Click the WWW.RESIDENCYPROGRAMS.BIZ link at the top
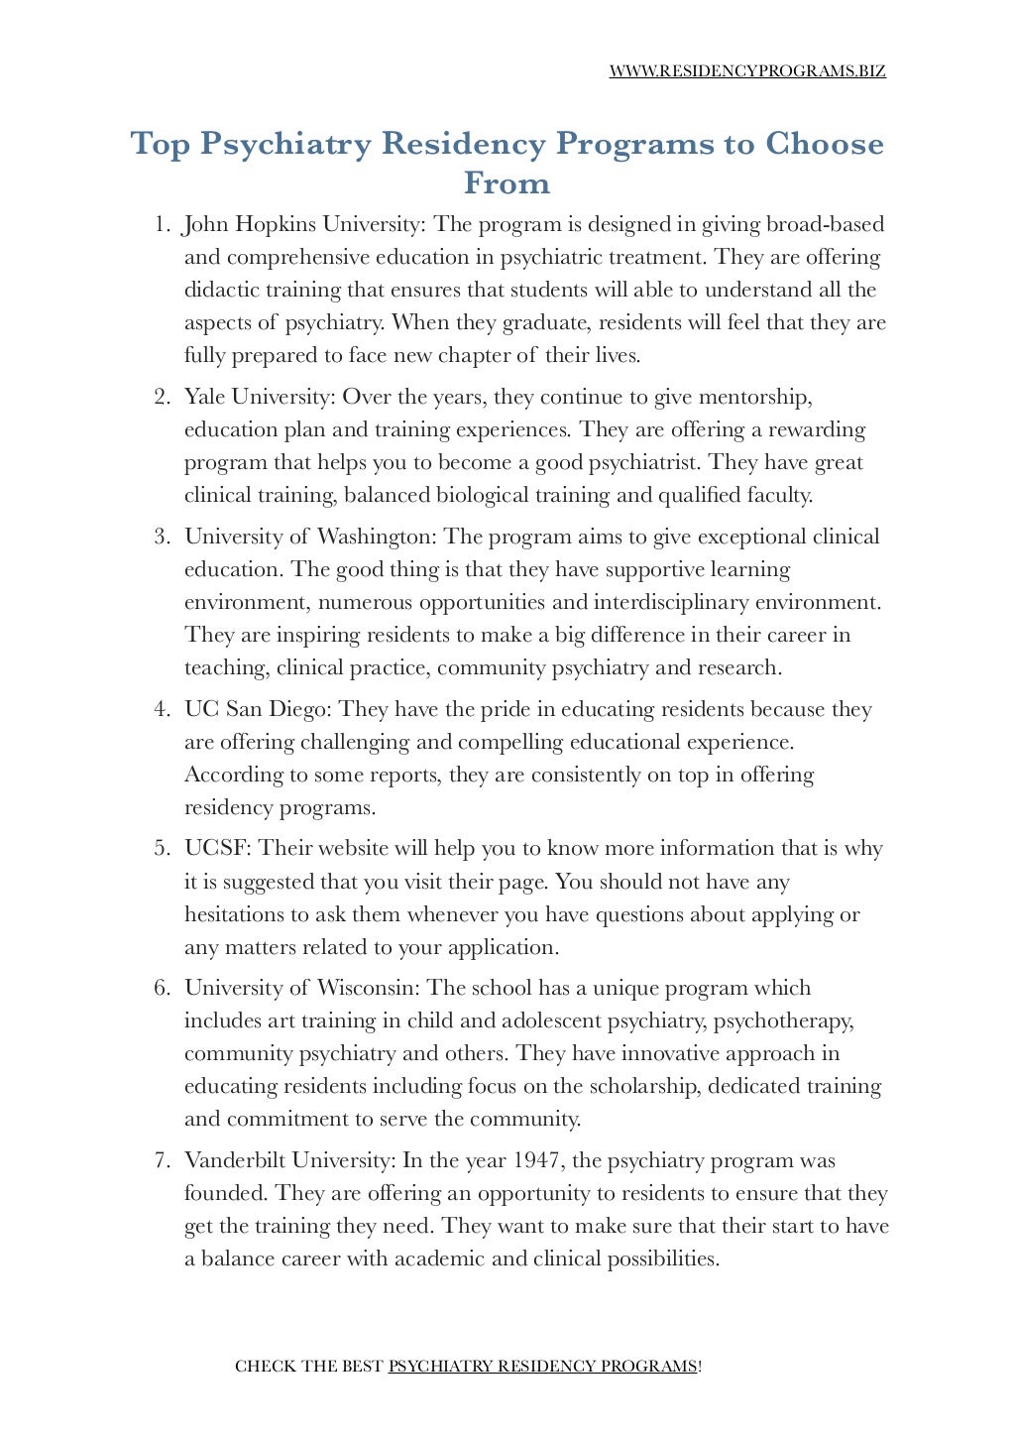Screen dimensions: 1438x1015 (x=746, y=71)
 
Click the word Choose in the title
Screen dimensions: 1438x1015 (x=824, y=145)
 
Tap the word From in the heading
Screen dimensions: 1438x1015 (x=507, y=183)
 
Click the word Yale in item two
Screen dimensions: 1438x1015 (x=205, y=398)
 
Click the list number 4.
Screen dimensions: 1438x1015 (x=161, y=710)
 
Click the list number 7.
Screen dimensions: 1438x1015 (x=161, y=1161)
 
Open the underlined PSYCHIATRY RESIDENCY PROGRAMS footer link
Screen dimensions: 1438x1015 (x=542, y=1367)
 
